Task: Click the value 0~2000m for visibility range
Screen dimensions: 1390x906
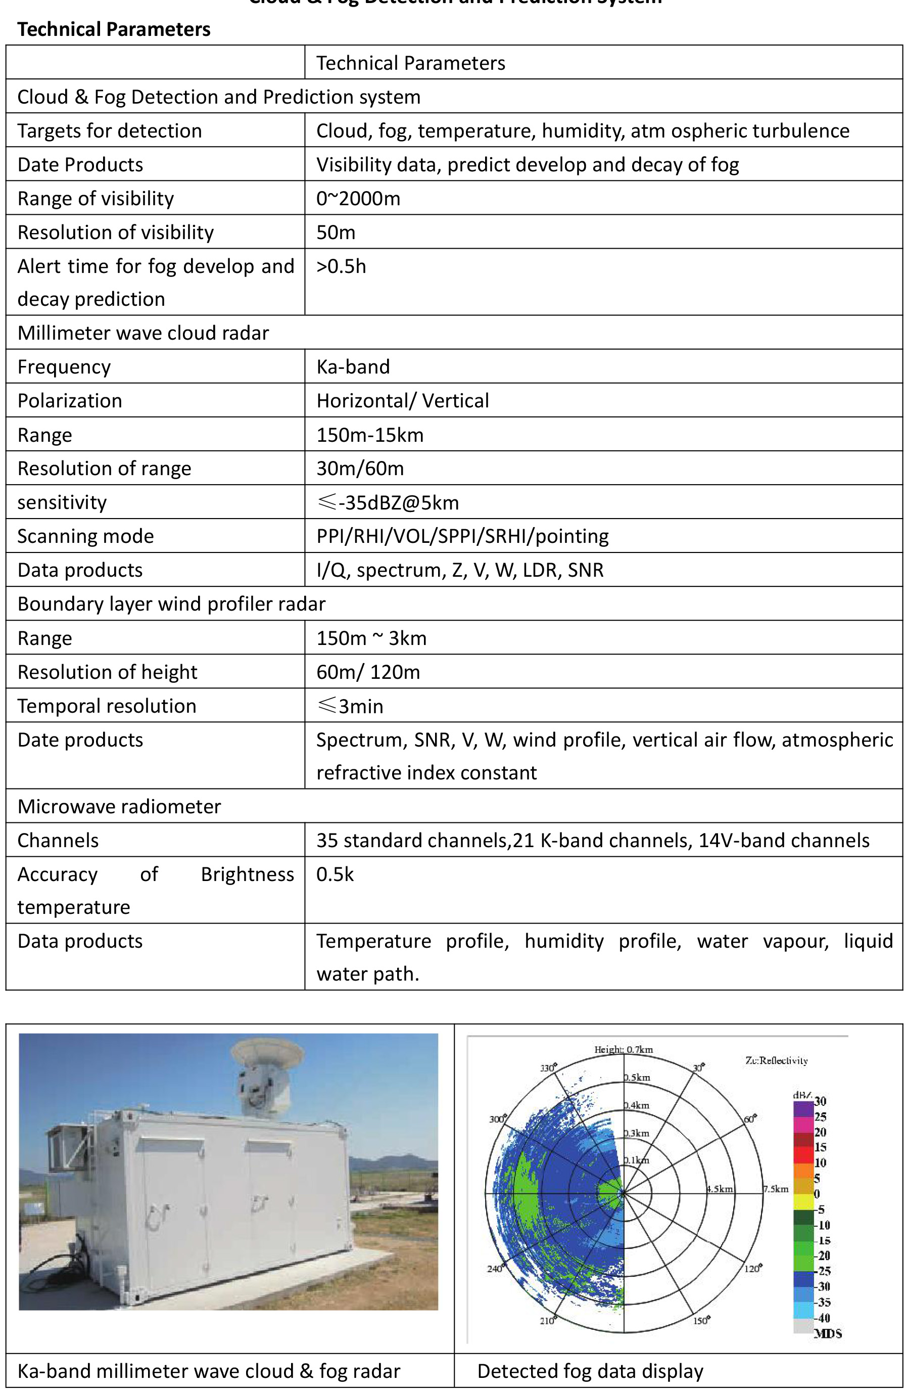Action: tap(358, 199)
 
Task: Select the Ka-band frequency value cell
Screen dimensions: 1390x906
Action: tap(353, 367)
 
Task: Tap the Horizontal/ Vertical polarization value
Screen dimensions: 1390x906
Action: tap(403, 401)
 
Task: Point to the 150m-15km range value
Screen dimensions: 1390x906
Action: tap(370, 435)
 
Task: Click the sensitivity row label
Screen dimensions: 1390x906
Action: tap(62, 502)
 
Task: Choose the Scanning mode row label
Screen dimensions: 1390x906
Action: tap(86, 536)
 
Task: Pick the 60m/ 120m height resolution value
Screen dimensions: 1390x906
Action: tap(368, 672)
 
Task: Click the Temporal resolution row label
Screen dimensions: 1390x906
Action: tap(107, 706)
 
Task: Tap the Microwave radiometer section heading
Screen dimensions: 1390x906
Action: tap(119, 807)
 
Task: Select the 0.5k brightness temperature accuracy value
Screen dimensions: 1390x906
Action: tap(335, 874)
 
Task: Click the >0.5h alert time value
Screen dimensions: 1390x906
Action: tap(342, 266)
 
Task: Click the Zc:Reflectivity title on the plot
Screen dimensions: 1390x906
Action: tap(777, 1060)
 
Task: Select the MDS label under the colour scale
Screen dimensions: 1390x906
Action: tap(828, 1334)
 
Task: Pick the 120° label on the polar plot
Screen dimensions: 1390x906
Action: tap(752, 1269)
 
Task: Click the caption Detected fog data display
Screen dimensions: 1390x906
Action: tap(590, 1371)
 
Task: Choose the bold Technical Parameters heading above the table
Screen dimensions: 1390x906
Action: tap(114, 29)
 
